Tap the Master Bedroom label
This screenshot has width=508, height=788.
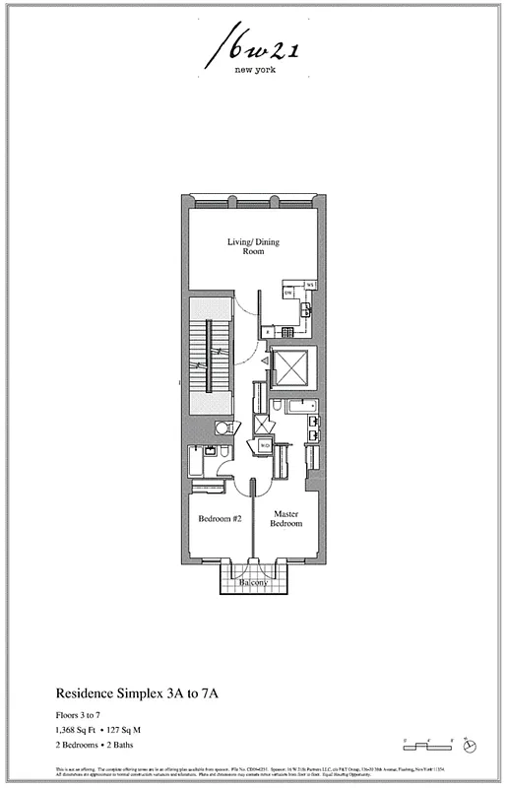[x=286, y=517]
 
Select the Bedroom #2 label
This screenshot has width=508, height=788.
[x=221, y=518]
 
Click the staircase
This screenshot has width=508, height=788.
[x=208, y=361]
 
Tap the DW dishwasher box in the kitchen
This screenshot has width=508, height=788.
[x=288, y=293]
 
